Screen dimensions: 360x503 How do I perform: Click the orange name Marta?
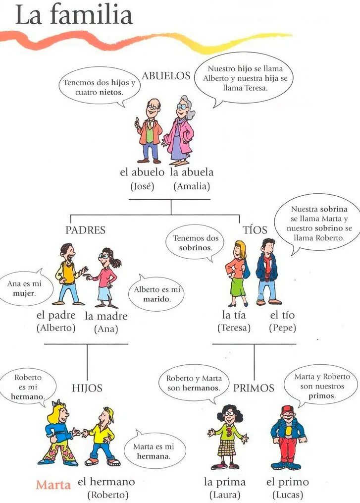pos(53,484)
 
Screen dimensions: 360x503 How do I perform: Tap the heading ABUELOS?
pos(166,76)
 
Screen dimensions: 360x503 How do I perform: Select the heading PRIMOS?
pos(254,388)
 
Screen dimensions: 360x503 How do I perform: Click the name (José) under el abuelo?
pos(143,186)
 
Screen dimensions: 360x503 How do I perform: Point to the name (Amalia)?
pos(192,186)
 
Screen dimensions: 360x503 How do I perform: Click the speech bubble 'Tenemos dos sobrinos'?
pos(195,242)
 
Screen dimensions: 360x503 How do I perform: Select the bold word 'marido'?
pos(157,299)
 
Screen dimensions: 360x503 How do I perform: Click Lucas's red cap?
pos(287,409)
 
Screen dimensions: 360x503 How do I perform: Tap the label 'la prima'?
pos(224,482)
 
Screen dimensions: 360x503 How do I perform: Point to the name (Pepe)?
pos(282,328)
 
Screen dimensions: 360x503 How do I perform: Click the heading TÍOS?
pos(255,230)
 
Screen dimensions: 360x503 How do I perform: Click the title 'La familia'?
pos(74,15)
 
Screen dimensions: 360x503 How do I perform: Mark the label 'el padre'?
pos(56,315)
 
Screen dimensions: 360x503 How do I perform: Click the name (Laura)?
pos(224,495)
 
